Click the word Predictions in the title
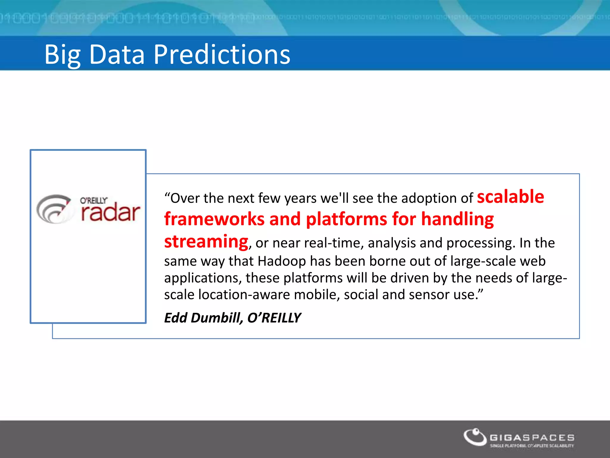point(222,54)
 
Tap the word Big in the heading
point(62,55)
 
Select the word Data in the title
point(117,54)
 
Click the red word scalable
point(510,197)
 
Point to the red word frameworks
point(214,219)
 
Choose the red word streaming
point(206,242)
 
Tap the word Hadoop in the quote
point(281,261)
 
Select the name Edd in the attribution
point(175,318)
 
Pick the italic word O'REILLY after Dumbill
point(274,318)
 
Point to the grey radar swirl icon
point(54,209)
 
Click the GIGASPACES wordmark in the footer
point(532,438)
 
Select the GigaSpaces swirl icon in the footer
point(475,437)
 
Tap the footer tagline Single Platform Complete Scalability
point(532,446)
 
